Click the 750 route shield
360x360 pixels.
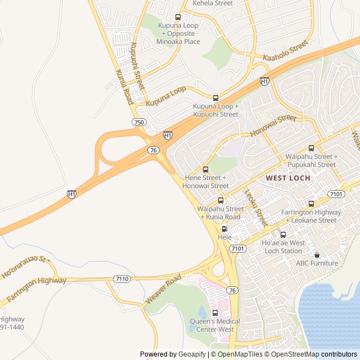click(x=138, y=122)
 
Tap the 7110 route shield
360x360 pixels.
click(x=121, y=278)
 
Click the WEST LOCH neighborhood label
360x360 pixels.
click(x=287, y=178)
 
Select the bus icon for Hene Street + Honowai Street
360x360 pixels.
click(x=205, y=169)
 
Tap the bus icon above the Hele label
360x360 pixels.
click(x=224, y=229)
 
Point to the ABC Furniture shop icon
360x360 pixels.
click(x=317, y=255)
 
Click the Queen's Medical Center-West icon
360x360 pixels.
click(x=215, y=313)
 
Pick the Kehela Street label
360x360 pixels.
click(x=213, y=3)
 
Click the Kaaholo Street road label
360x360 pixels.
click(x=286, y=51)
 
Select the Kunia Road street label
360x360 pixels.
click(x=123, y=87)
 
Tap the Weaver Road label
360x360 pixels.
click(x=163, y=290)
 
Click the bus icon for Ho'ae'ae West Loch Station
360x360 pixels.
click(x=283, y=235)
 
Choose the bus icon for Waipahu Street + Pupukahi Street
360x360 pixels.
click(x=311, y=148)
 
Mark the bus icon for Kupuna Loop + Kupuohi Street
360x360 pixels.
click(x=215, y=98)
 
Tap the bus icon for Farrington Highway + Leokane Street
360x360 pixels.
click(x=311, y=204)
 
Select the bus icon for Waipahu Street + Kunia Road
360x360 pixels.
click(x=220, y=200)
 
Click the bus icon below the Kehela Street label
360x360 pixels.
click(x=178, y=17)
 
